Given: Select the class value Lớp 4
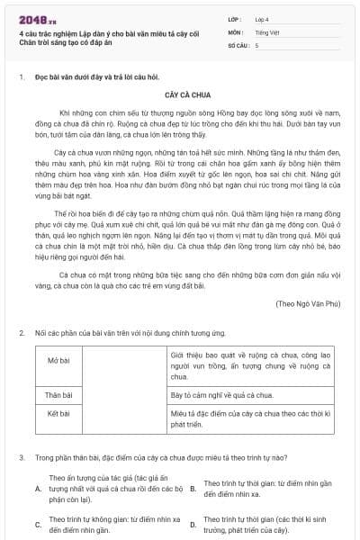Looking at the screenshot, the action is pyautogui.click(x=261, y=18).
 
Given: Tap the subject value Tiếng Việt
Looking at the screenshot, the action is pyautogui.click(x=265, y=31).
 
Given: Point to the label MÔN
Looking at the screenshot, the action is pyautogui.click(x=235, y=31).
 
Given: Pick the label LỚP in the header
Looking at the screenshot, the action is pyautogui.click(x=235, y=18).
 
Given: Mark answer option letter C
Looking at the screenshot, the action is pyautogui.click(x=38, y=524).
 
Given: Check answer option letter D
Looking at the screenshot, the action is pyautogui.click(x=193, y=524).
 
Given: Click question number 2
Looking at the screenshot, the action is pyautogui.click(x=21, y=333).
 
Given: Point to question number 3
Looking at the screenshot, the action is pyautogui.click(x=21, y=457).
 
